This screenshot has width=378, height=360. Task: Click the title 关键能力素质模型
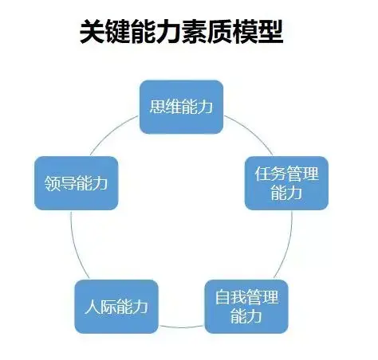click(181, 32)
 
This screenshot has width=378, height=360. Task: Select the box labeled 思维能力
click(181, 107)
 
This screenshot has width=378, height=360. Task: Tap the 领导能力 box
click(77, 183)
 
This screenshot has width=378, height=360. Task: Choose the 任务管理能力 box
click(286, 183)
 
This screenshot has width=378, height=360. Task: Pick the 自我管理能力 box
click(246, 307)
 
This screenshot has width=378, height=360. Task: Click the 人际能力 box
click(116, 307)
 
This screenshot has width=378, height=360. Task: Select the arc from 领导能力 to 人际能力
click(75, 245)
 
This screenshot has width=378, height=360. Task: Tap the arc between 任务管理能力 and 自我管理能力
click(288, 245)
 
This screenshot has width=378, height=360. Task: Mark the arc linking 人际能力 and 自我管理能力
click(182, 327)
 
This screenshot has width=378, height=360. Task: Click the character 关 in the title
click(92, 32)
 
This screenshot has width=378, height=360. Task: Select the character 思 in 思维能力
click(157, 107)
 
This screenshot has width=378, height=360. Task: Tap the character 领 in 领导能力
click(52, 183)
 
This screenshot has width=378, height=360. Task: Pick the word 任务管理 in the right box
click(286, 174)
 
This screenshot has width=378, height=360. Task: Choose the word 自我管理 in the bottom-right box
click(246, 297)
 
